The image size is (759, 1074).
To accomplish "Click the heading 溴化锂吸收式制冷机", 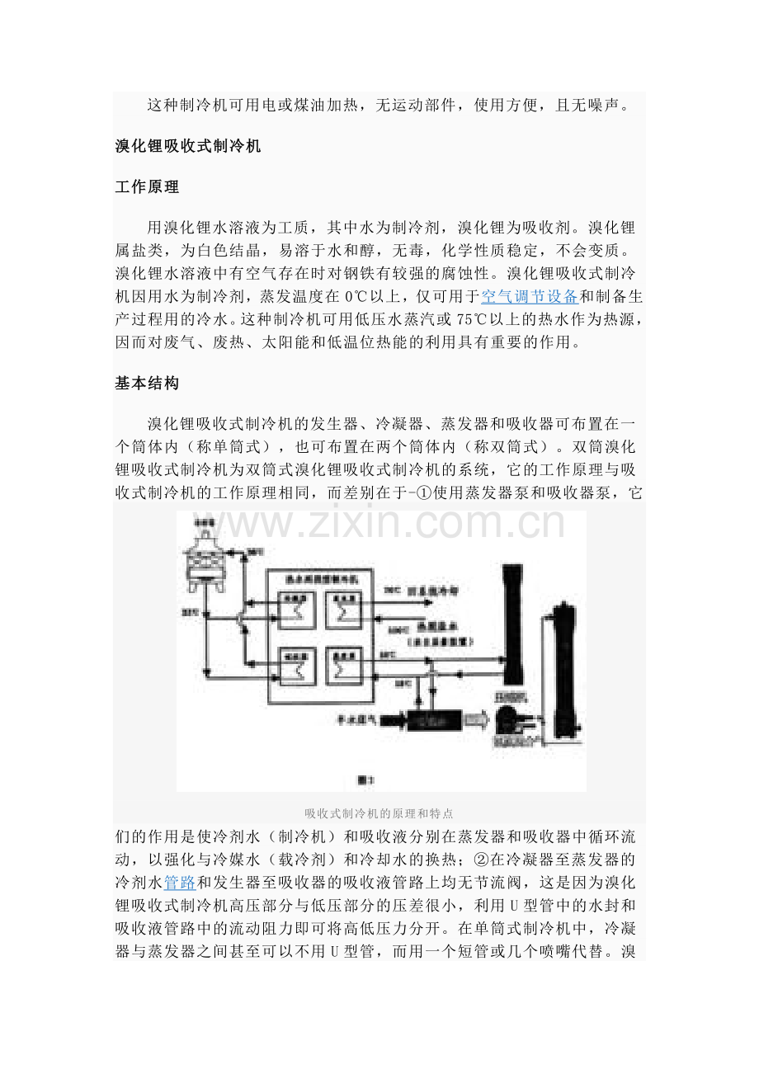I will point(188,147).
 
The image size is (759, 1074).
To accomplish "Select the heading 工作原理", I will point(147,186).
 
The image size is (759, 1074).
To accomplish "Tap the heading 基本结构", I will point(147,384).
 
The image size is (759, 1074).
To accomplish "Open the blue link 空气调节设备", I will point(529,297).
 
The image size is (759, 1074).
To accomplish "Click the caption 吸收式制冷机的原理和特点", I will point(379,813).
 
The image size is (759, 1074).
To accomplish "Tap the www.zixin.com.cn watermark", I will point(379,525).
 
